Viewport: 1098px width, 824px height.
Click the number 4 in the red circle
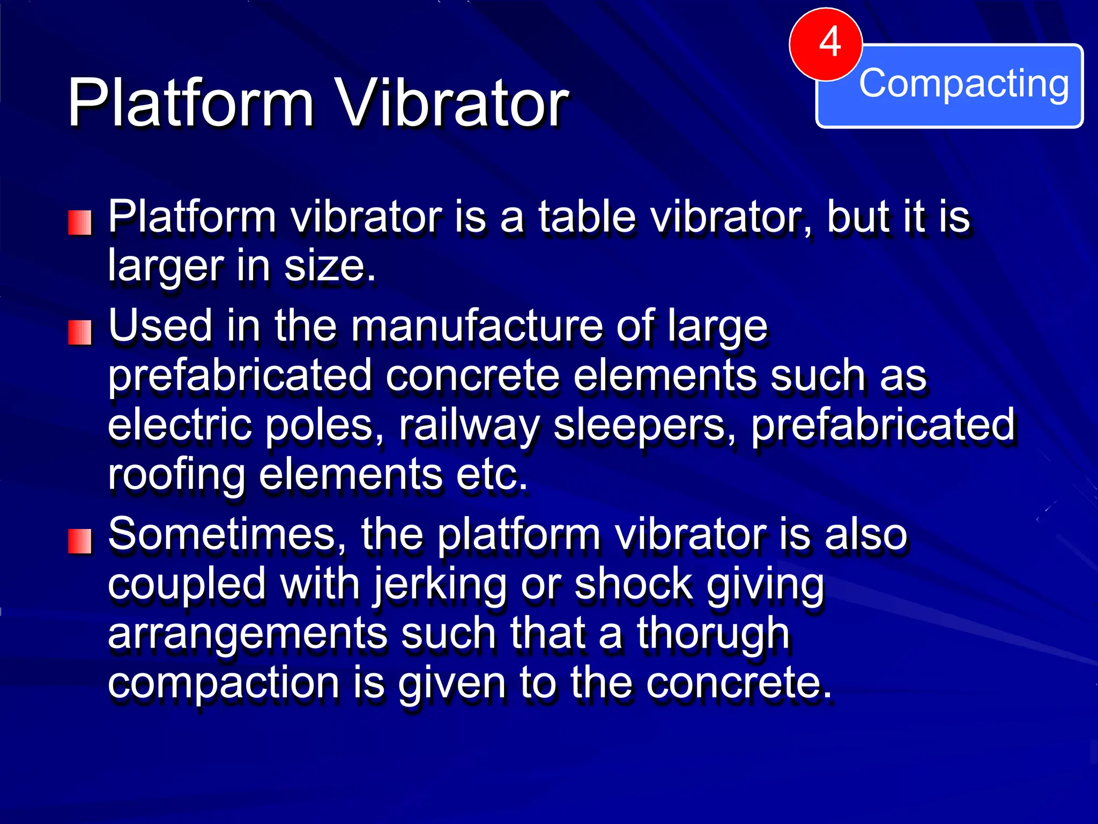[x=829, y=42]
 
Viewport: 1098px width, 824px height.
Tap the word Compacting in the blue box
[x=963, y=84]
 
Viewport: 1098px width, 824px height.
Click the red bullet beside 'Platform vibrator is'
[x=80, y=223]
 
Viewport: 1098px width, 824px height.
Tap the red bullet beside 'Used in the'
[x=80, y=333]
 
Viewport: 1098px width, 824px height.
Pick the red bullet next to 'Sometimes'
[x=80, y=541]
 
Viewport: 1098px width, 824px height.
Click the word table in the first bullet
[x=587, y=217]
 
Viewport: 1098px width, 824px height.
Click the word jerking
[x=439, y=585]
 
